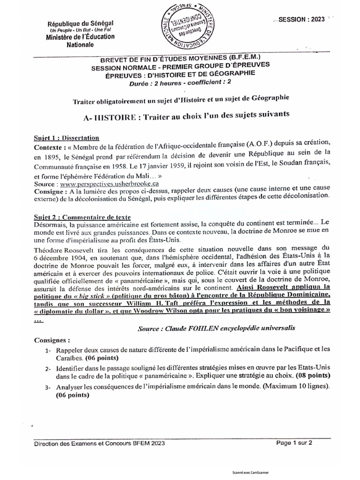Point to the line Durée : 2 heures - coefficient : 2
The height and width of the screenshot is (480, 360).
point(180,81)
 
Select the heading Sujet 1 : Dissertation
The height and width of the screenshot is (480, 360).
point(67,138)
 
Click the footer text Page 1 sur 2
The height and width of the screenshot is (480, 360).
point(294,442)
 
